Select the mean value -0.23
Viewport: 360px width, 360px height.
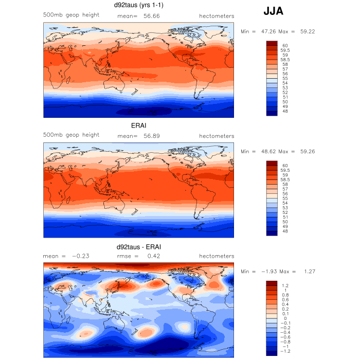pyautogui.click(x=81, y=256)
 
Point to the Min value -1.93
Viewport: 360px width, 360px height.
pyautogui.click(x=271, y=271)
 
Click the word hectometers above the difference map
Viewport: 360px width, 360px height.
pyautogui.click(x=217, y=256)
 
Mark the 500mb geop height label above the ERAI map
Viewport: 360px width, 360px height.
pyautogui.click(x=71, y=135)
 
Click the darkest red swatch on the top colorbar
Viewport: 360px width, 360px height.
pyautogui.click(x=272, y=44)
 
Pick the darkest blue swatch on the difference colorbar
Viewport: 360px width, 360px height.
pyautogui.click(x=272, y=352)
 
